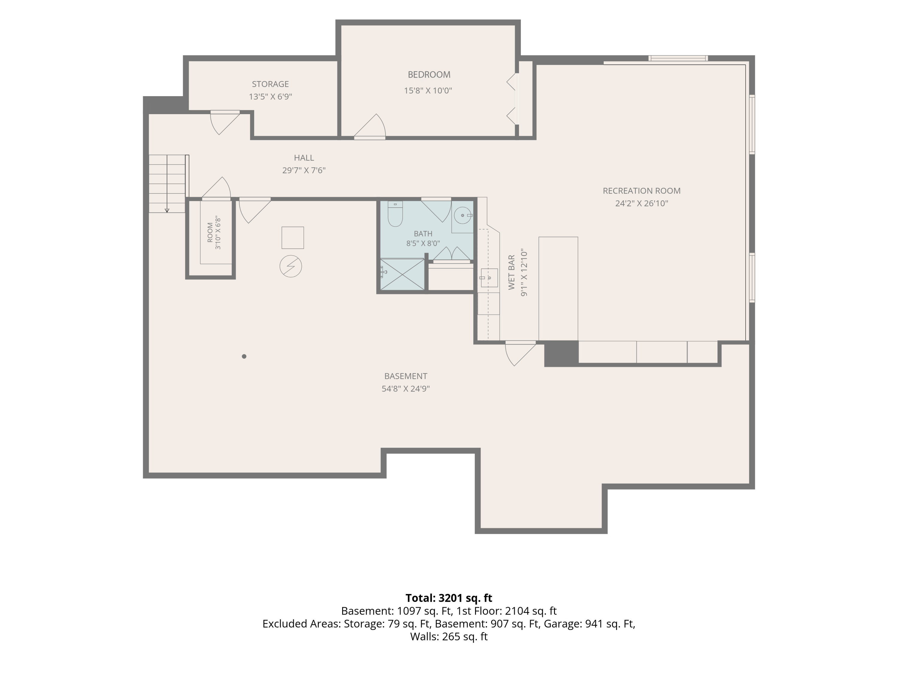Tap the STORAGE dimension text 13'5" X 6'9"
[x=270, y=97]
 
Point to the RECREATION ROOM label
[x=641, y=191]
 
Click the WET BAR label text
[x=512, y=272]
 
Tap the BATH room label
[x=423, y=234]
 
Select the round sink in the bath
[x=462, y=215]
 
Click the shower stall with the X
[x=402, y=275]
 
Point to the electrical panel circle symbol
[x=291, y=267]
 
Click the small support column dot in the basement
[x=244, y=356]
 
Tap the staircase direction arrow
[x=167, y=184]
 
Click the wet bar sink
[x=489, y=278]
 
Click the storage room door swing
[x=224, y=122]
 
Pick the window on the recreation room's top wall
[x=678, y=58]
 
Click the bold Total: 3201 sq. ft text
[x=449, y=598]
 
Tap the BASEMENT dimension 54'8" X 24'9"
[x=406, y=389]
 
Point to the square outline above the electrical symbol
[x=293, y=238]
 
